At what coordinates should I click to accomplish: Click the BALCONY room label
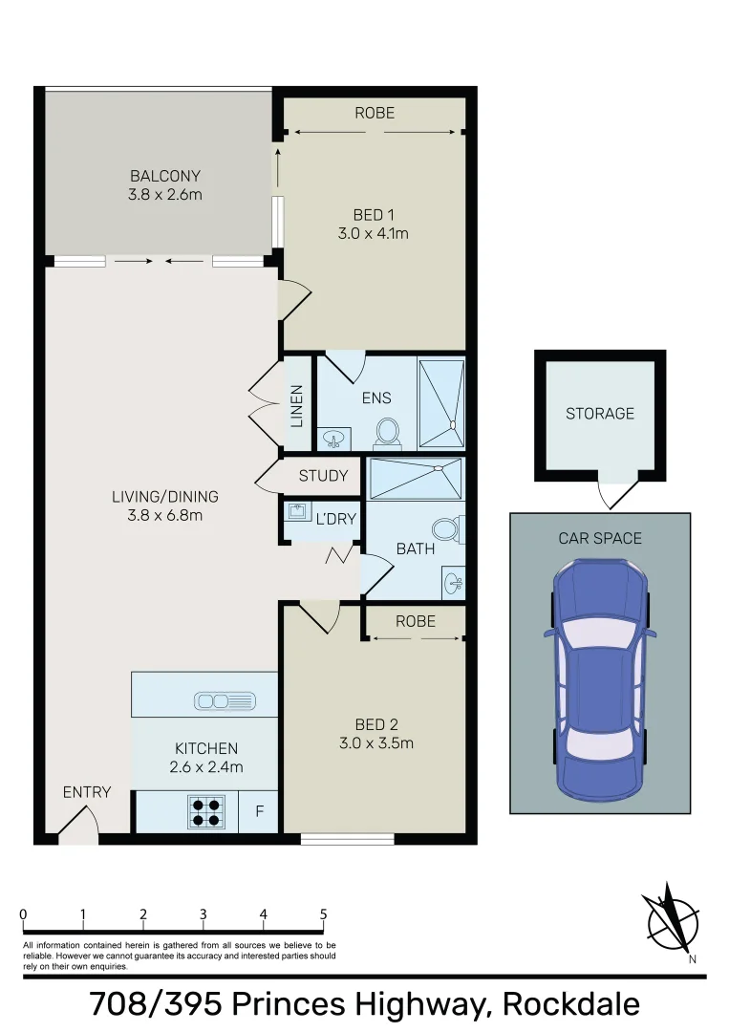tap(165, 176)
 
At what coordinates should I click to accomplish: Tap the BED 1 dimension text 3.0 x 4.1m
tap(375, 233)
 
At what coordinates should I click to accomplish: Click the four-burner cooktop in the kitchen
tap(205, 811)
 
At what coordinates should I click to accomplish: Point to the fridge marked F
tap(259, 812)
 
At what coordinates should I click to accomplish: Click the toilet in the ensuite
tap(387, 432)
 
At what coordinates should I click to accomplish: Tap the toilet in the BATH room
tap(446, 528)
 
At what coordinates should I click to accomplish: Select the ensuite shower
tap(441, 402)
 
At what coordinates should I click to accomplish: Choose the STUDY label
tap(323, 476)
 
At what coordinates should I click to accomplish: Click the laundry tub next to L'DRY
tap(295, 511)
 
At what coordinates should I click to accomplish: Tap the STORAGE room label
tap(599, 414)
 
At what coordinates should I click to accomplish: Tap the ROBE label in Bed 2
tap(415, 621)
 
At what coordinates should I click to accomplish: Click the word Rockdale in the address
tap(570, 1004)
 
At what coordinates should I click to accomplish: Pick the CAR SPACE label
tap(599, 538)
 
